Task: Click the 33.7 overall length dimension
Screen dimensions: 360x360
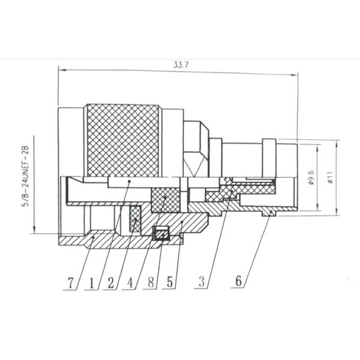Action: click(x=181, y=65)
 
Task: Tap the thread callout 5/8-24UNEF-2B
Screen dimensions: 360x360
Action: click(x=25, y=176)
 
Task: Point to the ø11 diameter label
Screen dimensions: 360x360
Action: click(x=331, y=178)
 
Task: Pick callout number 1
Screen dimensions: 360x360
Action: click(x=92, y=283)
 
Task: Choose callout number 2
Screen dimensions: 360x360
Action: click(x=110, y=283)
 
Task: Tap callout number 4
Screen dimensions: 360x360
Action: click(x=130, y=283)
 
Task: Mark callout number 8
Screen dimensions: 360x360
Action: click(x=151, y=282)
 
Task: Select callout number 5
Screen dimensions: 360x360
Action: click(x=170, y=282)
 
